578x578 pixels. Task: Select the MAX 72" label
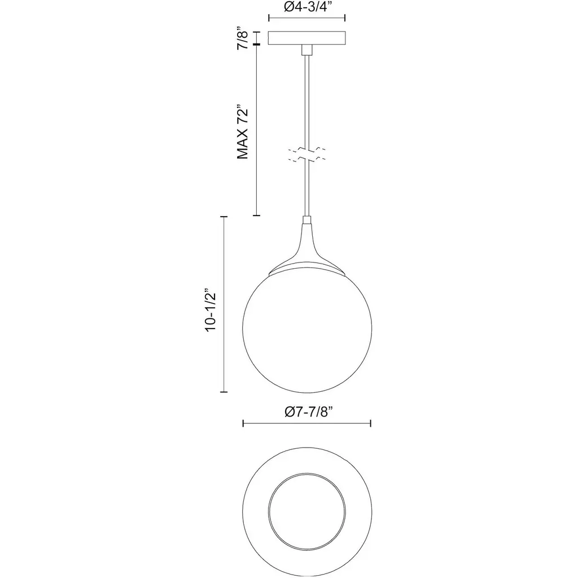pos(243,133)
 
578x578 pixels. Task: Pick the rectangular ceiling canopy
pos(306,38)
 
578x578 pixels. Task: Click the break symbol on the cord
pos(306,155)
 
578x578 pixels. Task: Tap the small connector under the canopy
pos(306,50)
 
